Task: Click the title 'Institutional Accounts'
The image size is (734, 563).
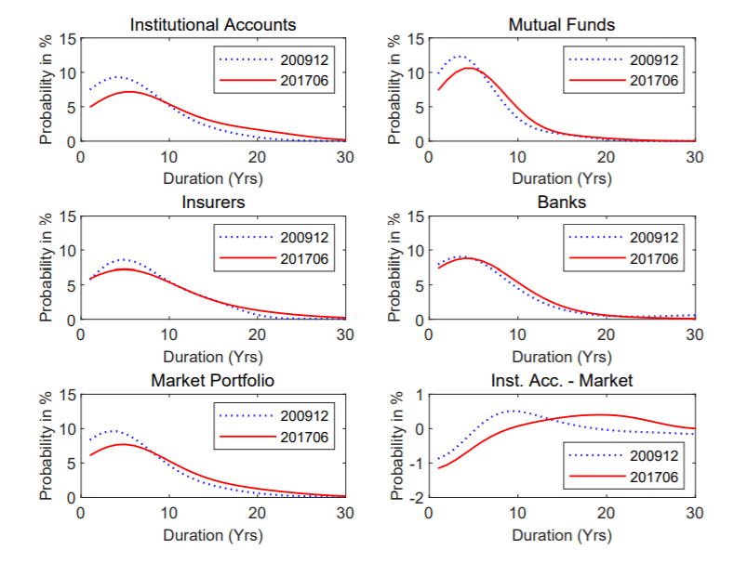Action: (x=213, y=25)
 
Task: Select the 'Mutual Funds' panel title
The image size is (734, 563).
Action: (x=562, y=25)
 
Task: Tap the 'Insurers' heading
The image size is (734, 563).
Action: (x=213, y=202)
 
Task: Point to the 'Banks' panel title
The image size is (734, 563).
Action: (x=562, y=202)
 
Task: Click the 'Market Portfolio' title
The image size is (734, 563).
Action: (x=212, y=380)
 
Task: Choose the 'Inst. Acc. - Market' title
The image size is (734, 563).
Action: (x=562, y=380)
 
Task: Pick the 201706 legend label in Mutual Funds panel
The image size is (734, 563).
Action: (x=654, y=81)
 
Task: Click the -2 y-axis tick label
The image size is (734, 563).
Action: (x=416, y=498)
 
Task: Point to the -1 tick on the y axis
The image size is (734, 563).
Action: (x=416, y=464)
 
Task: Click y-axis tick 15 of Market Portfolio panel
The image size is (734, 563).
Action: (x=67, y=395)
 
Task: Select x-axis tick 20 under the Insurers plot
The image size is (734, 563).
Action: (x=257, y=334)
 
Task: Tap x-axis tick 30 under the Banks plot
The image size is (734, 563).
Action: (x=695, y=334)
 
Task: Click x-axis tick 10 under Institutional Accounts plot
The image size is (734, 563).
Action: (x=169, y=157)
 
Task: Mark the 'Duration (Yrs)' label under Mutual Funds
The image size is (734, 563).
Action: (x=562, y=178)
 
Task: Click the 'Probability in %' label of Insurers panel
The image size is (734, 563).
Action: (x=46, y=268)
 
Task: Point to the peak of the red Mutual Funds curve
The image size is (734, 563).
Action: (x=468, y=68)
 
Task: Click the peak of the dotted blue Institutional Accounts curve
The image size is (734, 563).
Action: (x=117, y=77)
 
